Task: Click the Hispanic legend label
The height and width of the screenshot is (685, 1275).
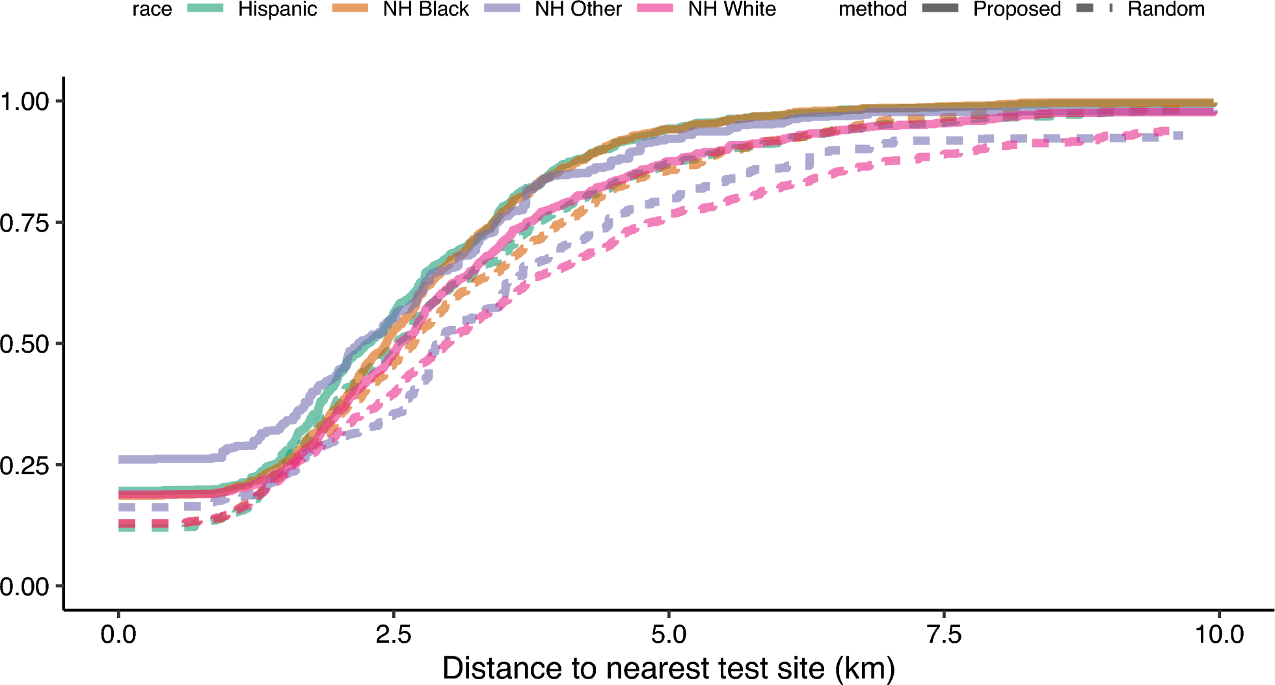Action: [277, 9]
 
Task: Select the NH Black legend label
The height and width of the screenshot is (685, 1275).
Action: [425, 9]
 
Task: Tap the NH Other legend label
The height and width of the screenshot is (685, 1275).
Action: [578, 9]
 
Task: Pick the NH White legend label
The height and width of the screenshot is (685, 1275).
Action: [732, 9]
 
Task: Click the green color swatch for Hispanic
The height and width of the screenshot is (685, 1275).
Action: [206, 8]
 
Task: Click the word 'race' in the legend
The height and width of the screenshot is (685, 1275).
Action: [152, 9]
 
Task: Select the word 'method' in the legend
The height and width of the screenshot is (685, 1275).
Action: [872, 9]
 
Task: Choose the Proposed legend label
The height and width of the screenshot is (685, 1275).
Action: [1017, 9]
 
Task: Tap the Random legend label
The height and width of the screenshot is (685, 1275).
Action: [1166, 9]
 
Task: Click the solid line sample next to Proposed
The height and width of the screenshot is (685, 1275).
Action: [940, 8]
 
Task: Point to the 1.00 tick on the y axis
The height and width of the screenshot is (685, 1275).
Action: [25, 101]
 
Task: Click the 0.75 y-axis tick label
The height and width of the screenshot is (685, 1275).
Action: [25, 223]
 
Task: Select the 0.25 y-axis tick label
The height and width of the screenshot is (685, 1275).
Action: [25, 466]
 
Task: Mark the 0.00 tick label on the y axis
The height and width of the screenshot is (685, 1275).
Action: [25, 587]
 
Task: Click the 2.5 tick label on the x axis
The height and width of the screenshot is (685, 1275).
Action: [394, 634]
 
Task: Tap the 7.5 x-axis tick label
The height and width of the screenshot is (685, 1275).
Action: [944, 634]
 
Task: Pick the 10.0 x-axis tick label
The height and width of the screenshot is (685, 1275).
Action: [1219, 634]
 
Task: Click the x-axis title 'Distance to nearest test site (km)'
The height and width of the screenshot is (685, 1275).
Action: [669, 668]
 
